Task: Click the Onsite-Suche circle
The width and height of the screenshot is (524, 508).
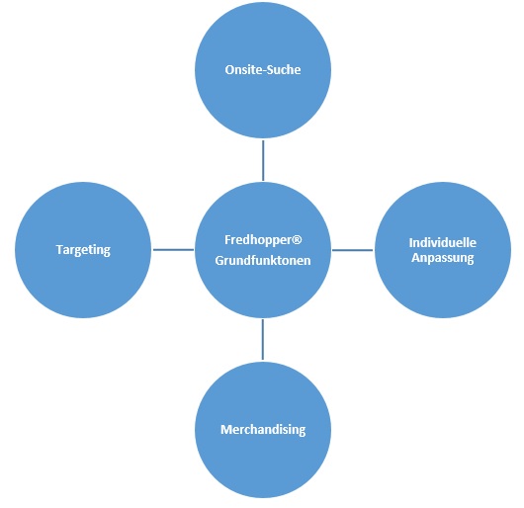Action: coord(263,70)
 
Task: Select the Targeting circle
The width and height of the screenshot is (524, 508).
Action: coord(83,250)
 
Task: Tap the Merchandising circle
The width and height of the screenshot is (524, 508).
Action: coord(263,430)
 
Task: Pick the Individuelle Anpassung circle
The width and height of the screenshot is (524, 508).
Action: coord(443,250)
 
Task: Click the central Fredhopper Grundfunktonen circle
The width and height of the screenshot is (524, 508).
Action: coord(263,250)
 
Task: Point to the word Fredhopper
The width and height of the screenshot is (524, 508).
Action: coord(259,240)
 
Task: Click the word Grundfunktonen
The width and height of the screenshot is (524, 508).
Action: coord(263,261)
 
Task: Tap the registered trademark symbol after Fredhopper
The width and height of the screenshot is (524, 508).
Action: coord(298,239)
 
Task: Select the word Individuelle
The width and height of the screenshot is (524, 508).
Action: coord(443,242)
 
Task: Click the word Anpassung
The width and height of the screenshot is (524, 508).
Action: coord(443,258)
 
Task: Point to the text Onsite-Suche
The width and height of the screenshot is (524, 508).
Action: coord(263,70)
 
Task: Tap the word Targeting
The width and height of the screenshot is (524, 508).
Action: coord(83,250)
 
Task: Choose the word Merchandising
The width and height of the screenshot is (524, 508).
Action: coord(263,430)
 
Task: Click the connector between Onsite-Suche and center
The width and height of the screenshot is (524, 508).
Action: coord(263,160)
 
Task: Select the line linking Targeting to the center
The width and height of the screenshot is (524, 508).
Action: coord(173,249)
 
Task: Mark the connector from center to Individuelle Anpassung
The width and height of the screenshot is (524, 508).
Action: coord(353,250)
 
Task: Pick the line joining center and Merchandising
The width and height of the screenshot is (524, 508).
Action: coord(263,339)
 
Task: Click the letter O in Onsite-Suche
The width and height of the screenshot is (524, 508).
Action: coord(229,70)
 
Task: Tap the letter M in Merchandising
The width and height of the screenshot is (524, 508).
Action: coord(226,430)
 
